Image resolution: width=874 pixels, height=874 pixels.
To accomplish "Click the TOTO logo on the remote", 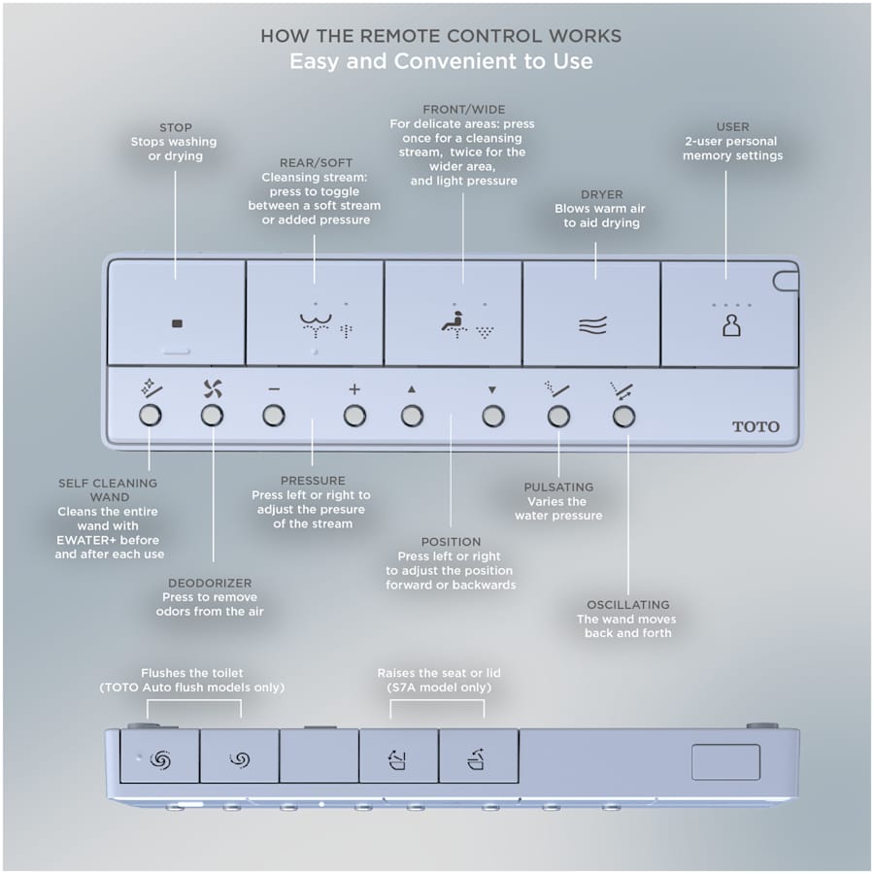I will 756,426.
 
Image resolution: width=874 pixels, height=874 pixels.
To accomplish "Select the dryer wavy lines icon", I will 592,325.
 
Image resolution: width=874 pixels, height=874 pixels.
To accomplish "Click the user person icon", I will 730,325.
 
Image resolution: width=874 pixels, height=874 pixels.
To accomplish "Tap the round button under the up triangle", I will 412,417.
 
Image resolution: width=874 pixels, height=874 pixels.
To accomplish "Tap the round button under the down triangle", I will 493,417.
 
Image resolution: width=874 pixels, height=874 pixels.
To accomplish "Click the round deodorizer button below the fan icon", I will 212,417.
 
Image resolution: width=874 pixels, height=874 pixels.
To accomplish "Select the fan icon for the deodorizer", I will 212,388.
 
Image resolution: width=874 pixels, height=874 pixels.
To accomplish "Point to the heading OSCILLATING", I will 627,605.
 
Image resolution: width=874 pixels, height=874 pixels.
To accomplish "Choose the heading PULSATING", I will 558,487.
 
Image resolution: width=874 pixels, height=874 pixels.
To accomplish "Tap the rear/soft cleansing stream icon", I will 314,325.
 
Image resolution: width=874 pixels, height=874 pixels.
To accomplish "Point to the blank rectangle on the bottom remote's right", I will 712,762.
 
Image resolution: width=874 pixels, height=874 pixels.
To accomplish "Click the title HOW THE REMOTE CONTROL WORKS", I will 441,36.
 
